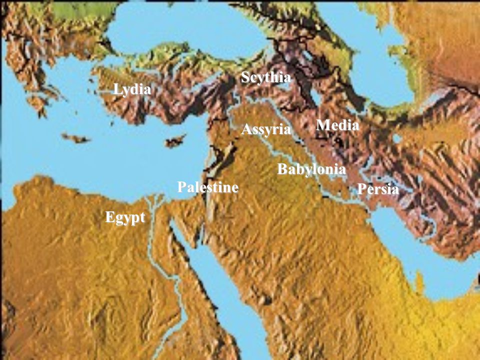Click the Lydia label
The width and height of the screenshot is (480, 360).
click(x=132, y=90)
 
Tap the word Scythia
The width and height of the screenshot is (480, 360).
click(x=265, y=78)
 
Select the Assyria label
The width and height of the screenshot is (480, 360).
click(x=265, y=130)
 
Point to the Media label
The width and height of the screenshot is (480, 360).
click(x=337, y=125)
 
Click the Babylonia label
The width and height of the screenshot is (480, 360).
click(x=311, y=169)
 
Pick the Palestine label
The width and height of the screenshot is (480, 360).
click(x=207, y=188)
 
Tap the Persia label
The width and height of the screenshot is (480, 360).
click(x=377, y=189)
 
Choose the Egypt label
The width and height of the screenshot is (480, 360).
click(x=125, y=218)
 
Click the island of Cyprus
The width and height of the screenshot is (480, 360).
click(x=175, y=141)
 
